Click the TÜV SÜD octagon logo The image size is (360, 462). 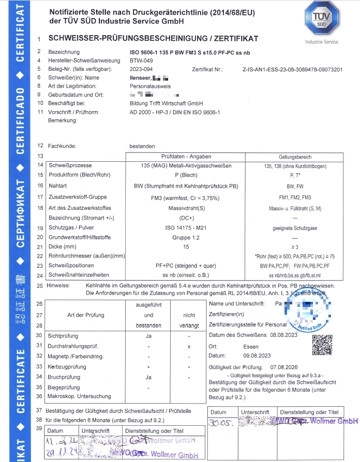pyautogui.click(x=321, y=20)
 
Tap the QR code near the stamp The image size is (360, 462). pyautogui.click(x=321, y=345)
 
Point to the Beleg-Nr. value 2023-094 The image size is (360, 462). pyautogui.click(x=141, y=69)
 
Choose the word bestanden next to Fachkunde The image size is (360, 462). pyautogui.click(x=142, y=146)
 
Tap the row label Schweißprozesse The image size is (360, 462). pyautogui.click(x=69, y=165)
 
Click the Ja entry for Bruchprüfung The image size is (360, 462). pyautogui.click(x=148, y=377)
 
